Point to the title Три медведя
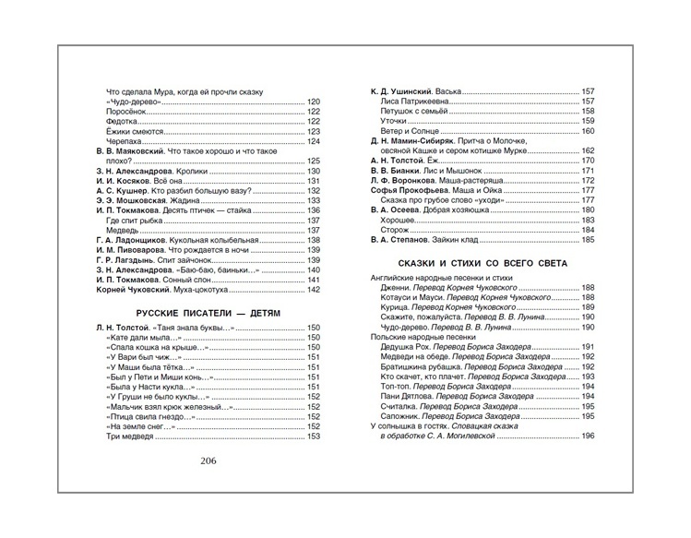point(127,436)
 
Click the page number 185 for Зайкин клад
point(588,241)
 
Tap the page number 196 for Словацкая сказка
point(588,436)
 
